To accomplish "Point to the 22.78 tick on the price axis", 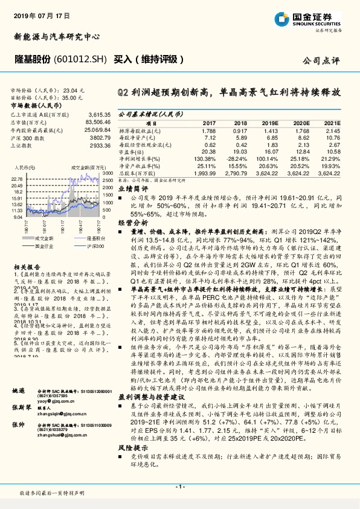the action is click(17, 180).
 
